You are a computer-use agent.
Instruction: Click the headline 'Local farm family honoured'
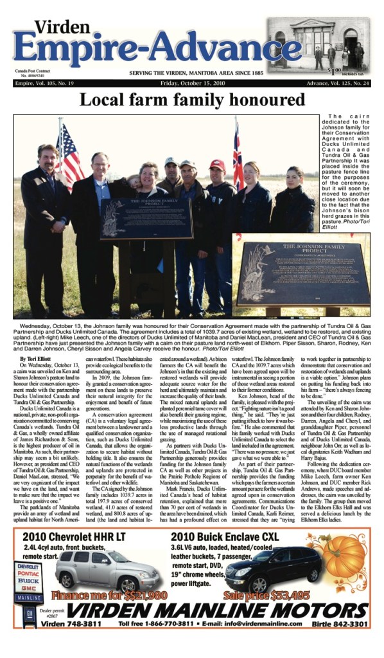(191, 100)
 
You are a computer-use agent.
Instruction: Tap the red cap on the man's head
(218, 165)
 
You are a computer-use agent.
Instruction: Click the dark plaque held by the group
(146, 218)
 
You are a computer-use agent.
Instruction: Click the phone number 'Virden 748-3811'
(75, 623)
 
